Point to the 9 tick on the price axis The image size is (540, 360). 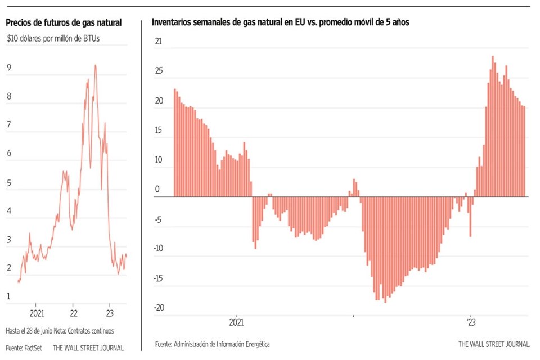[9, 67]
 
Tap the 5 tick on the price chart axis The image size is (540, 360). [9, 182]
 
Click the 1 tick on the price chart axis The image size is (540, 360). [9, 296]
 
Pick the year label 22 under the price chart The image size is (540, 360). [74, 313]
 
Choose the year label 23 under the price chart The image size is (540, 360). [110, 313]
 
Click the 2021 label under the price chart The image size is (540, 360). [37, 313]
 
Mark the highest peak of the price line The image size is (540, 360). [95, 65]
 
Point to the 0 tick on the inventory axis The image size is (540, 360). [157, 190]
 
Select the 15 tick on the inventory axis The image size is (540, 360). [159, 130]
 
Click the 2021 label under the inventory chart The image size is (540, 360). [237, 323]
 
